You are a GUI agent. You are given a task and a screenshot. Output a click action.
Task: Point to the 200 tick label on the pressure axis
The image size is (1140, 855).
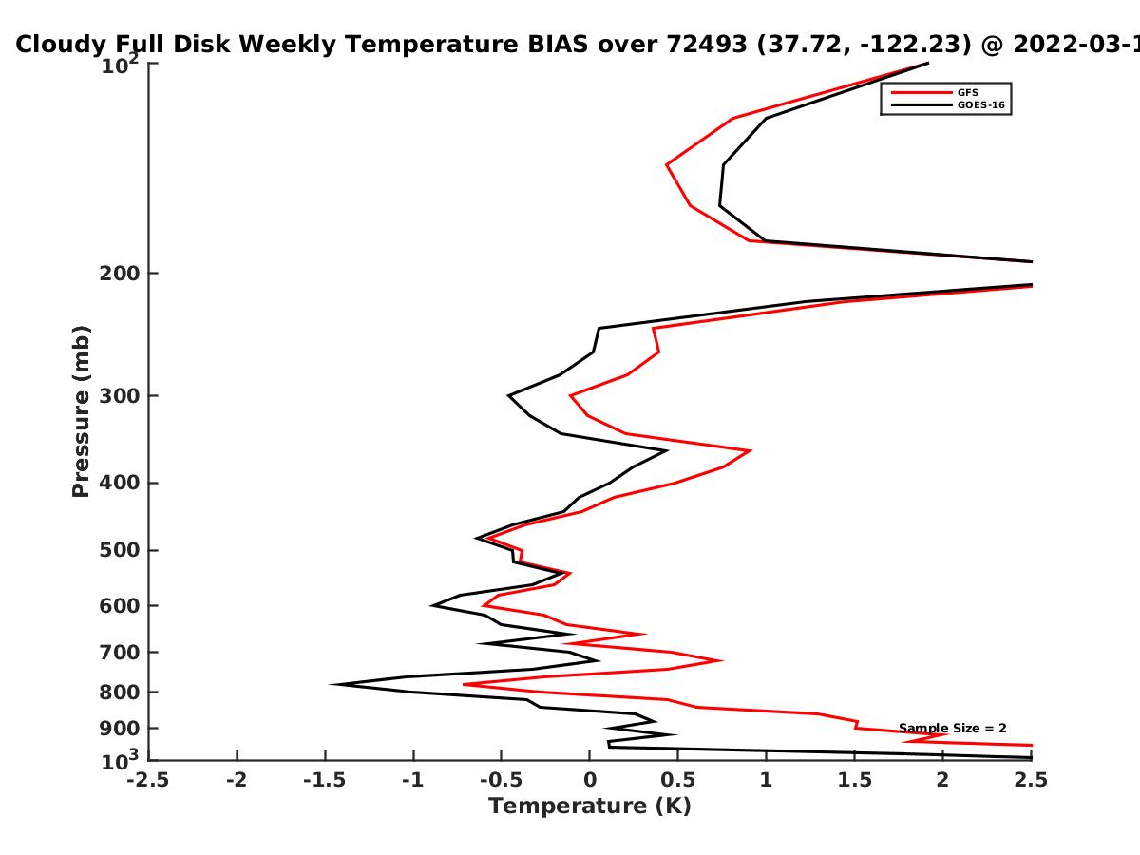coord(120,274)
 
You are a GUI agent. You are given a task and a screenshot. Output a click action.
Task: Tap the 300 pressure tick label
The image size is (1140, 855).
coord(120,396)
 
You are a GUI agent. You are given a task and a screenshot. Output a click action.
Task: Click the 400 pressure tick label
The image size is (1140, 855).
coord(120,484)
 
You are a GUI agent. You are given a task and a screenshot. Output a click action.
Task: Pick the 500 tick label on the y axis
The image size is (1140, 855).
coord(120,550)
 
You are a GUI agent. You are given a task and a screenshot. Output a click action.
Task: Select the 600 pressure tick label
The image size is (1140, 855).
coord(120,606)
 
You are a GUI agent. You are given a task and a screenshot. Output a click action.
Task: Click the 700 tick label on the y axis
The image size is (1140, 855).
coord(120,653)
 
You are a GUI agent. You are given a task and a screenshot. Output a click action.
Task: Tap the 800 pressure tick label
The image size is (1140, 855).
coord(120,693)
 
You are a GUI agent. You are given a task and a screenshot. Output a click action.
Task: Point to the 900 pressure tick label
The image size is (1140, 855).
coord(120,729)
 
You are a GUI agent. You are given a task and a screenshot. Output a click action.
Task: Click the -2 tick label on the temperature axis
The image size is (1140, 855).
coord(237,780)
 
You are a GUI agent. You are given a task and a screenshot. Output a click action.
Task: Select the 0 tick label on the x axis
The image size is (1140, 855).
coord(590,780)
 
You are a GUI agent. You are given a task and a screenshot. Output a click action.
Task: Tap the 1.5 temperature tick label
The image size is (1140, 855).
coord(855,780)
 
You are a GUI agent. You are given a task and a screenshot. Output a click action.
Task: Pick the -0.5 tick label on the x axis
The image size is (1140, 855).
coord(502,780)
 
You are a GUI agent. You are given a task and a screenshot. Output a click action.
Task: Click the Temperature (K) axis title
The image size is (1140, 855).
coord(590,807)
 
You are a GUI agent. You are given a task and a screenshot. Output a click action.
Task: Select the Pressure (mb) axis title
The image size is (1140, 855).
coord(81,411)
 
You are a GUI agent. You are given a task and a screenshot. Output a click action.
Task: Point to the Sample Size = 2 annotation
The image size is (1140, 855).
coord(953,729)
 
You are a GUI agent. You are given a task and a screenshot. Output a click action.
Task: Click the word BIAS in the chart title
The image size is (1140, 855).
coord(558,45)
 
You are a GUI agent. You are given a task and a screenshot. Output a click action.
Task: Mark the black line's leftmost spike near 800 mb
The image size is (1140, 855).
coord(332,684)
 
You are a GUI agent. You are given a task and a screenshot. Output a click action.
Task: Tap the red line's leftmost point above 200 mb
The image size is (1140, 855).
coord(667,165)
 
